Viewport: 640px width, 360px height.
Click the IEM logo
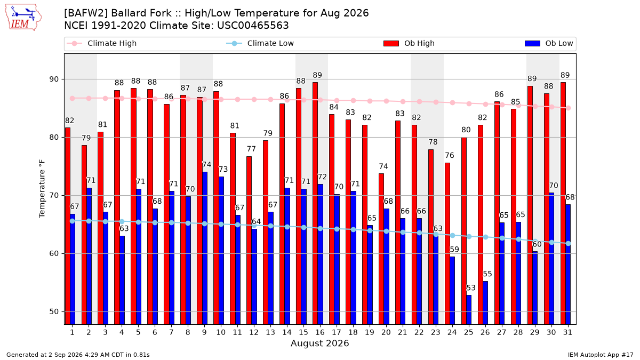[23, 18]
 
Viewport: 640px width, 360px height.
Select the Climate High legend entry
[101, 43]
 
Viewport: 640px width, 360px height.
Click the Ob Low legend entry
[549, 43]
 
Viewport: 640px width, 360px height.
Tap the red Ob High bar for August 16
[315, 203]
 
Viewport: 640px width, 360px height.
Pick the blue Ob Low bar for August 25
[469, 310]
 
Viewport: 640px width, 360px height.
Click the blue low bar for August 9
[205, 249]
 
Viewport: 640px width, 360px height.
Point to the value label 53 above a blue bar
[471, 287]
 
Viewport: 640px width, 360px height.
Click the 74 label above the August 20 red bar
[383, 166]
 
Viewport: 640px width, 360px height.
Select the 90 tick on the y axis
[54, 79]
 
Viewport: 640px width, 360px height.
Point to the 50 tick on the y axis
[54, 311]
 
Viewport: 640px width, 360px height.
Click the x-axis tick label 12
[254, 332]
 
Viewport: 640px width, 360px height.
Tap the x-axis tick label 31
[567, 332]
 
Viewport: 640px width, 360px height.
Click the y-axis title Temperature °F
[42, 189]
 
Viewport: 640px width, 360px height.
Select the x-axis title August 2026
[319, 343]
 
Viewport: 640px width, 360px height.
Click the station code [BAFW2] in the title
[86, 13]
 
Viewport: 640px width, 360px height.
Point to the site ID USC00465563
[253, 26]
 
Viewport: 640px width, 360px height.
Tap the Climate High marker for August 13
[270, 99]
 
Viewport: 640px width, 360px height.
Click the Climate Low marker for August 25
[469, 237]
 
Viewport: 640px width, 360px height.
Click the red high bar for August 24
[447, 244]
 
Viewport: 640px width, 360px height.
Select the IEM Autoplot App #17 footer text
[601, 355]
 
